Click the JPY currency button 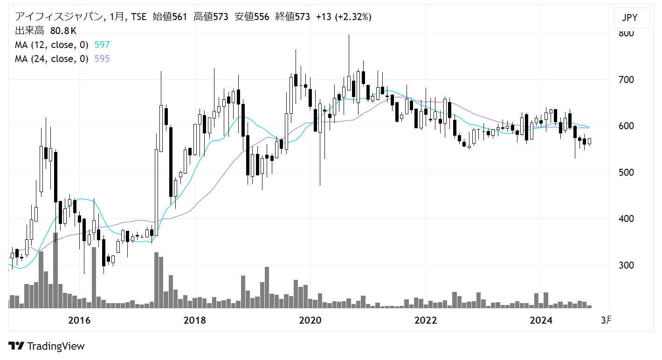click(x=632, y=18)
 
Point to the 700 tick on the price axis click(x=626, y=79)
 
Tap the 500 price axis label click(x=626, y=173)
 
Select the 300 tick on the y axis click(x=626, y=265)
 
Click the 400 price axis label click(x=626, y=219)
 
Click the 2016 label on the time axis click(x=79, y=320)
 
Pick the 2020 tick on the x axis click(x=310, y=320)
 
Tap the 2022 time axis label click(x=426, y=320)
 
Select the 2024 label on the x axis click(x=541, y=320)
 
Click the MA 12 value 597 click(x=102, y=45)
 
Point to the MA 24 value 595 click(x=102, y=59)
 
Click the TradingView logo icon click(x=16, y=346)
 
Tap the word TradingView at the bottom click(x=56, y=346)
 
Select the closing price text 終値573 click(x=292, y=16)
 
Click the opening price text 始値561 click(x=170, y=16)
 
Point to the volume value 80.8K click(x=63, y=31)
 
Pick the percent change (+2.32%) click(x=353, y=16)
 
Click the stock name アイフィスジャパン click(x=59, y=16)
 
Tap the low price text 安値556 click(x=252, y=16)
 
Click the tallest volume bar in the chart click(x=55, y=270)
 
